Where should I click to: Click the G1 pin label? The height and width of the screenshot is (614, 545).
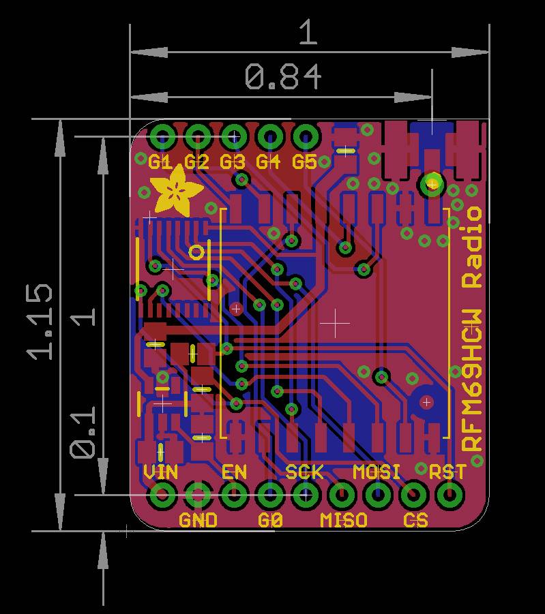[162, 162]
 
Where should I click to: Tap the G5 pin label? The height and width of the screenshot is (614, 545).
[304, 162]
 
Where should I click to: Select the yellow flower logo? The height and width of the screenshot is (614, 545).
[176, 191]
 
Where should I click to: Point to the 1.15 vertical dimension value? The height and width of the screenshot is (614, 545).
[40, 321]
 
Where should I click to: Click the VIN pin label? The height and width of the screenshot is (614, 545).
[161, 472]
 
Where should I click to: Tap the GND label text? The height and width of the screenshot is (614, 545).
[198, 521]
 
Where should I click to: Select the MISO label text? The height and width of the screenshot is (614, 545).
[344, 521]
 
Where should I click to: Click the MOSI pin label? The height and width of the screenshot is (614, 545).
[377, 472]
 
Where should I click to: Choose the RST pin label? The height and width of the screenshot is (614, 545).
[447, 472]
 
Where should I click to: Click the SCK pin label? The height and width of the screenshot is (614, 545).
[304, 472]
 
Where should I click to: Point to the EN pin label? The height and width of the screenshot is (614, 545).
[234, 472]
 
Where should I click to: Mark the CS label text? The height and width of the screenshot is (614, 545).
[415, 521]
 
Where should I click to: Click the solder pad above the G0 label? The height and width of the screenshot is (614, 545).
[270, 495]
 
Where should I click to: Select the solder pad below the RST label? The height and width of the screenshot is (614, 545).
[448, 495]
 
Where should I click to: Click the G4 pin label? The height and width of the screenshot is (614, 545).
[269, 162]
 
